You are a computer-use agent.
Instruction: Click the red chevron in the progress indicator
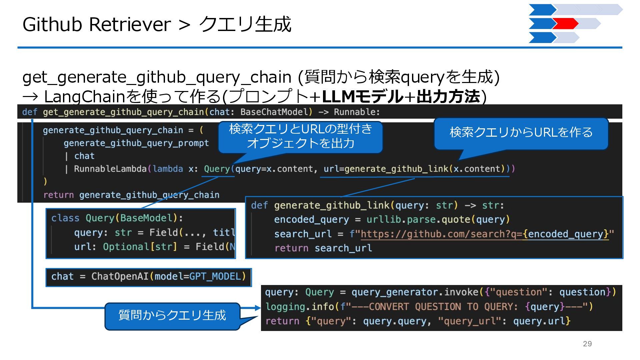click(565, 24)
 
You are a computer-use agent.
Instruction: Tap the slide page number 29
click(587, 344)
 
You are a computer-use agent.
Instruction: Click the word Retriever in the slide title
click(130, 24)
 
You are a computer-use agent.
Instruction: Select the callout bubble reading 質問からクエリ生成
click(172, 315)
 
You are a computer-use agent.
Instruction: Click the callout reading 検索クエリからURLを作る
click(521, 133)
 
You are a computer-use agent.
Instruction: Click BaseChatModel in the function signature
click(276, 112)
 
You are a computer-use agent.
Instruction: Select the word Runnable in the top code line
click(356, 112)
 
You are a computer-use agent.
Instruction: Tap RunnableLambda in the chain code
click(110, 169)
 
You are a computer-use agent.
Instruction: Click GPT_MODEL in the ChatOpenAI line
click(215, 277)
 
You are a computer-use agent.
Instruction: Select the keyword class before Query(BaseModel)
click(65, 218)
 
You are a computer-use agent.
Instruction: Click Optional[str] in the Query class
click(140, 247)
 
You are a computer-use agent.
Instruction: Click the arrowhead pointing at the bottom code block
click(257, 308)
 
